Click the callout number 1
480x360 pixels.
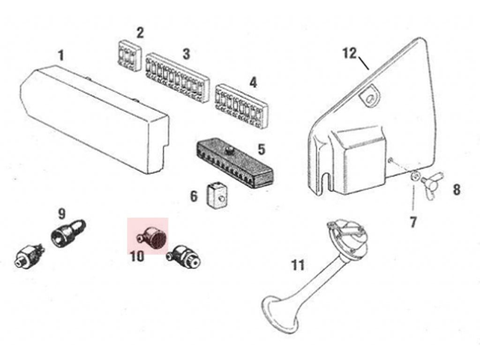click(61, 55)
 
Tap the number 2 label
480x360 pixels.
click(140, 33)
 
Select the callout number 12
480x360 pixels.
click(350, 53)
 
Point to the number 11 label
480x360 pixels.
click(298, 265)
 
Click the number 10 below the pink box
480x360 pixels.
click(137, 256)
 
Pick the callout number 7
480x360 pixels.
click(413, 222)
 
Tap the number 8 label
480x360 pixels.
click(457, 190)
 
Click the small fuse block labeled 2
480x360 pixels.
click(129, 54)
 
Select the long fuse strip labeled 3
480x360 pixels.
click(178, 77)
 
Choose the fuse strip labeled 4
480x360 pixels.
click(242, 106)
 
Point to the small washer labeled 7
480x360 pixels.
click(414, 176)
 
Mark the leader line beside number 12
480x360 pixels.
click(363, 63)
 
